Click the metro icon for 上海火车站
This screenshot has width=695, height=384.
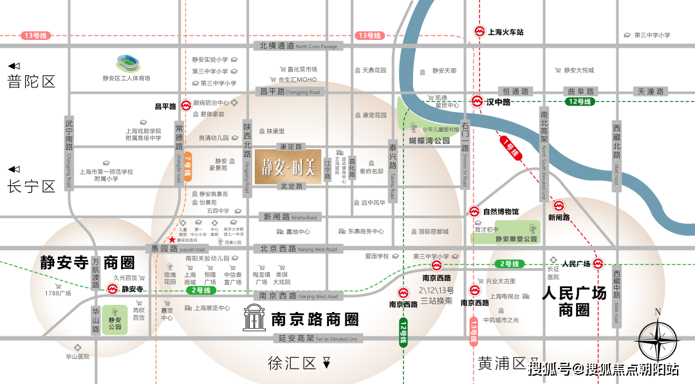pos(479,31)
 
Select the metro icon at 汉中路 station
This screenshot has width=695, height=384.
pos(476,101)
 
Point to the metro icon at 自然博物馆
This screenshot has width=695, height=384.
pos(476,211)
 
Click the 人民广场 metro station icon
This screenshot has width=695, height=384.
pos(598,264)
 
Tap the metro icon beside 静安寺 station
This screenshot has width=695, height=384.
pos(112,289)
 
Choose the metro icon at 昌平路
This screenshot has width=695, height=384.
pos(185,105)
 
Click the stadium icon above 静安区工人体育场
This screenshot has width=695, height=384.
pos(127,64)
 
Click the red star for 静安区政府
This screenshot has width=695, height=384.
pos(172,239)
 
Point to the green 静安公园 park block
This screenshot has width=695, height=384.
pos(115,319)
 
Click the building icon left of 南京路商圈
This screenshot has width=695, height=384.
pos(254,318)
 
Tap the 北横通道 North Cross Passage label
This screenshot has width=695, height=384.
pos(297,46)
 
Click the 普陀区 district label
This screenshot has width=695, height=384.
pos(32,81)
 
